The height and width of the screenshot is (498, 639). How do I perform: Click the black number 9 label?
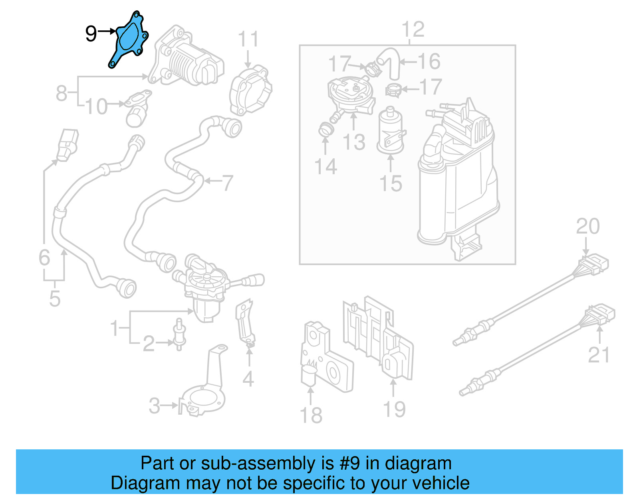[x=91, y=33]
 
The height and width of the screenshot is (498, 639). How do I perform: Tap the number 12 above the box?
[x=413, y=30]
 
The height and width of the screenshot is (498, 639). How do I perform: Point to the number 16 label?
[x=429, y=61]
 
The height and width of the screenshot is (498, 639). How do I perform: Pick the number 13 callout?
[x=354, y=142]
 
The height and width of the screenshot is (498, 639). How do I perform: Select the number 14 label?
[x=325, y=166]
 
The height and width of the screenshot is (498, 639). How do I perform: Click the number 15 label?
[x=391, y=184]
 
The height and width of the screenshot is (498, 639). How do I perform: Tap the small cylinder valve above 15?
[x=390, y=130]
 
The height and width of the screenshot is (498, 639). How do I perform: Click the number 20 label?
[x=587, y=226]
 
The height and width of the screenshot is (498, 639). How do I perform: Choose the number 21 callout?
[x=599, y=355]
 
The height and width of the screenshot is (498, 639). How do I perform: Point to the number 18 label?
[x=311, y=415]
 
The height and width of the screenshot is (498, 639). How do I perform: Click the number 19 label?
[x=394, y=409]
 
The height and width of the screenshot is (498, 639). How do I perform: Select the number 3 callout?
[x=154, y=406]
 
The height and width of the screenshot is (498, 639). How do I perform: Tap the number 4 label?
[x=248, y=379]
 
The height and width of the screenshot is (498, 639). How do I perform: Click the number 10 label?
[x=96, y=106]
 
